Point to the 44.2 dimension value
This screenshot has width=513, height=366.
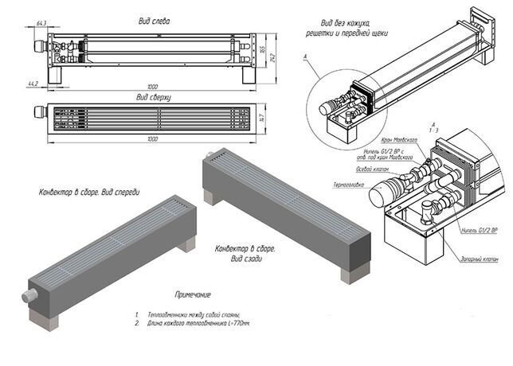pyautogui.click(x=32, y=83)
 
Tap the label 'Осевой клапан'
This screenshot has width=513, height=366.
pyautogui.click(x=350, y=169)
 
